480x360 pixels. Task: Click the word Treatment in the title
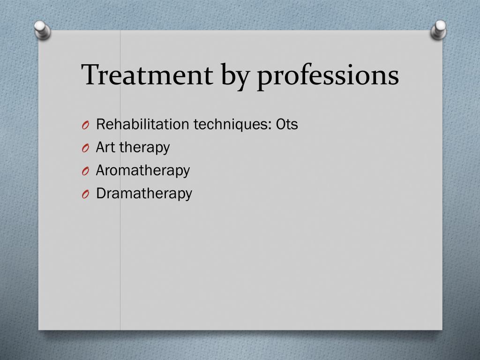(x=147, y=75)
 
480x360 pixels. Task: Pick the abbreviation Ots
(x=287, y=125)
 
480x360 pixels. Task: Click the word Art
(x=105, y=147)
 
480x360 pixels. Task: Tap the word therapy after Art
(x=144, y=148)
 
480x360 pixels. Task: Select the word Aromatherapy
(x=143, y=171)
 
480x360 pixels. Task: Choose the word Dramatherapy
(x=144, y=194)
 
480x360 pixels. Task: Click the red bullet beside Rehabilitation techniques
(x=85, y=125)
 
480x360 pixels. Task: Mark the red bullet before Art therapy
(x=85, y=148)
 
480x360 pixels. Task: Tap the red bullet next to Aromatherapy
(x=85, y=171)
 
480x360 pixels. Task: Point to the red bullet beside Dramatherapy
(x=85, y=194)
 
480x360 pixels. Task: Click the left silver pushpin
(x=42, y=30)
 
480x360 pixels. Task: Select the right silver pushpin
(x=439, y=30)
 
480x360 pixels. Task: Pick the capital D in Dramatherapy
(x=101, y=193)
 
